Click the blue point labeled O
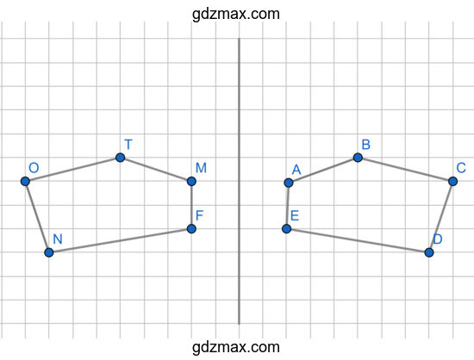tap(25, 181)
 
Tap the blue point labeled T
tap(121, 158)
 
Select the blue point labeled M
tap(191, 181)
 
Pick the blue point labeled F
tap(191, 228)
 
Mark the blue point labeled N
tap(49, 252)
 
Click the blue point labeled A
tap(289, 183)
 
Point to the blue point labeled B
tap(358, 158)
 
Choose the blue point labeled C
tap(452, 181)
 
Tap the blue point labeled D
tap(429, 252)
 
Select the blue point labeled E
tap(287, 228)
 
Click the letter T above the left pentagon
tap(128, 145)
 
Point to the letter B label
tap(365, 145)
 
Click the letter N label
tap(58, 239)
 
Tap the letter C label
tap(461, 168)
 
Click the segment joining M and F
tap(191, 205)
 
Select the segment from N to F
tap(120, 240)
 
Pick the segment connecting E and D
tap(358, 240)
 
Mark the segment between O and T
tap(73, 170)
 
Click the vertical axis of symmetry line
tap(239, 181)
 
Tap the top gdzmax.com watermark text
tap(236, 14)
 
